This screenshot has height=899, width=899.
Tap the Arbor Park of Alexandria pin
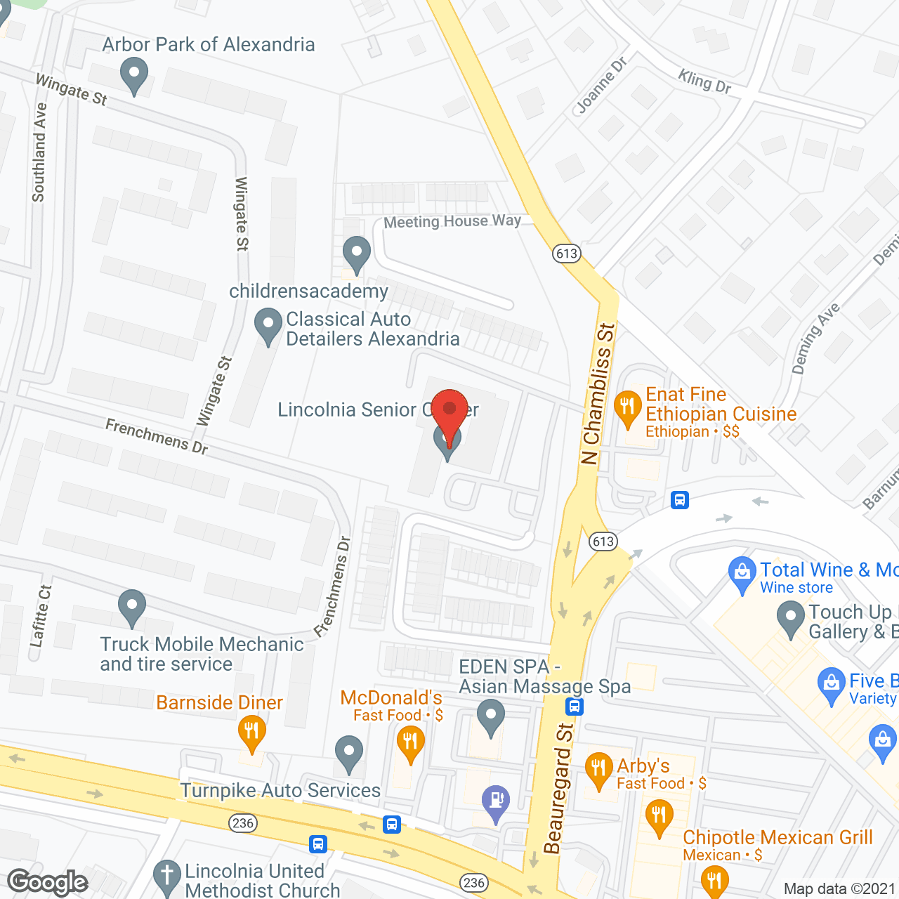[x=133, y=74]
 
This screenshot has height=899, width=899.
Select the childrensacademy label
[x=308, y=291]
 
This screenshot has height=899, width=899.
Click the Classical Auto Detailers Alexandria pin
[x=268, y=325]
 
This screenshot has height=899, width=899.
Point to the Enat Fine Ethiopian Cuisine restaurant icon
[x=627, y=408]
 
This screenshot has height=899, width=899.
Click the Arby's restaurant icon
[x=598, y=768]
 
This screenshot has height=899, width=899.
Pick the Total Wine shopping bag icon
[x=742, y=572]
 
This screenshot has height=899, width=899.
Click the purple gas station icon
[x=496, y=801]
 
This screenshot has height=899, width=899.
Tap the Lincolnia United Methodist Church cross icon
[x=167, y=877]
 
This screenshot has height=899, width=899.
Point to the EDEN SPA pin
[x=490, y=717]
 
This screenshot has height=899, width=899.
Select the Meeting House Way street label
[x=452, y=221]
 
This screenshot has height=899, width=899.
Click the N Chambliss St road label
[x=598, y=393]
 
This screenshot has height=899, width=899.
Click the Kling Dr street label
[x=704, y=81]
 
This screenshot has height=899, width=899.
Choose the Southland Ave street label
[x=39, y=152]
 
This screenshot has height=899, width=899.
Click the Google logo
[x=48, y=882]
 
